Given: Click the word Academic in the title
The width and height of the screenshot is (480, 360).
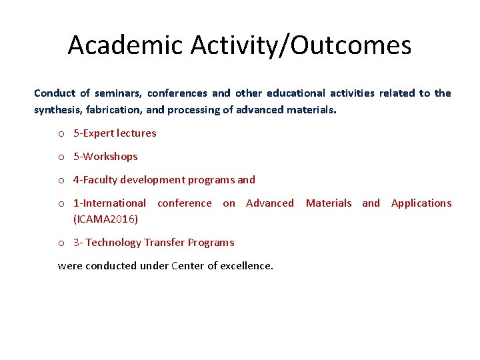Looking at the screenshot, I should coord(125,45).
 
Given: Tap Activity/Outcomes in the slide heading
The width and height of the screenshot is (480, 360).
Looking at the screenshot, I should coord(301,45).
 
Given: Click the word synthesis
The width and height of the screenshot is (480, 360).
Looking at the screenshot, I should coord(58,110).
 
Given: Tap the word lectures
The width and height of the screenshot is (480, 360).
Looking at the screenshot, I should coord(137,133).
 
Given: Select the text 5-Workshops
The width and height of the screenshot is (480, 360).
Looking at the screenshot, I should coord(105,157).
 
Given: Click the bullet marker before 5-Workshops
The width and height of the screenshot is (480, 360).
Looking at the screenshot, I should coord(61,157).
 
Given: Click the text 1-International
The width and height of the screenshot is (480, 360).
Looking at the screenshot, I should coord(109,203).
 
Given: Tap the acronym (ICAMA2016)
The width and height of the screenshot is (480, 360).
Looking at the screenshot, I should coord(105,219).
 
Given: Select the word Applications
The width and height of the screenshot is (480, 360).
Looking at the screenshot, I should coord(421,203).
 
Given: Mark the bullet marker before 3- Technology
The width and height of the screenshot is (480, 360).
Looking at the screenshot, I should coord(61,243).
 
